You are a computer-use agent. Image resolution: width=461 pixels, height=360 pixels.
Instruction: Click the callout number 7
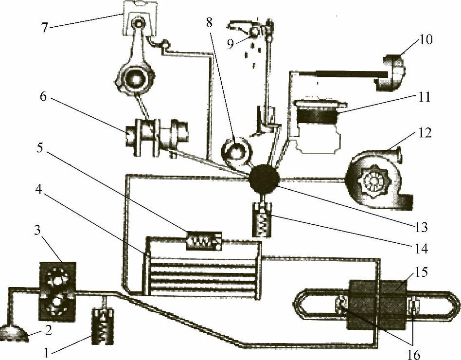[x=44, y=28]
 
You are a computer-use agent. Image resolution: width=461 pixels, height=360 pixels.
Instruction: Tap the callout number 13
[x=421, y=227]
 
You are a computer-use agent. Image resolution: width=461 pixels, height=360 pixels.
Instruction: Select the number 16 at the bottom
[x=414, y=355]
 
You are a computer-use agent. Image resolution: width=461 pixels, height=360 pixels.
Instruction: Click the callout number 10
[x=426, y=39]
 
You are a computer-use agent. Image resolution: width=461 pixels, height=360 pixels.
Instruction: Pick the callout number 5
[x=40, y=148]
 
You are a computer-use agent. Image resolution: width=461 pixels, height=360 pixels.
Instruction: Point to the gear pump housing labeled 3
[x=57, y=291]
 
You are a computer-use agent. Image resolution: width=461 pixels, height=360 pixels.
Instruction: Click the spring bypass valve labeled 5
[x=204, y=241]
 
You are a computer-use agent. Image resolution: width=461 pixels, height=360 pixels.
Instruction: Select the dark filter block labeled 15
[x=377, y=304]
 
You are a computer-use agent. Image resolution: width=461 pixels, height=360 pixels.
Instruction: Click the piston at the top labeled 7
[x=140, y=18]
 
